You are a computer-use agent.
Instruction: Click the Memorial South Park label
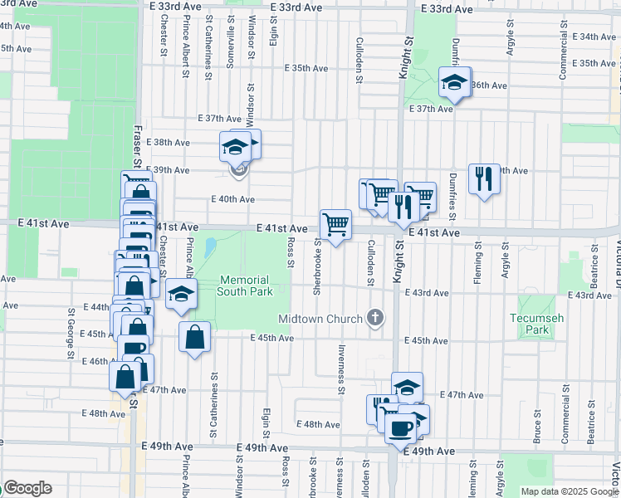click(x=245, y=286)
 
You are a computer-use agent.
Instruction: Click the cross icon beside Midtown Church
click(x=375, y=318)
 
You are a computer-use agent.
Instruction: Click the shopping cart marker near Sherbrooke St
click(x=335, y=224)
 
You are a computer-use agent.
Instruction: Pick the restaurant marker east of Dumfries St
click(x=484, y=178)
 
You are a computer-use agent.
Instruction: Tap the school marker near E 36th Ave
click(x=454, y=82)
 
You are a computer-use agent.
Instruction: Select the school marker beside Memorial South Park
click(x=181, y=295)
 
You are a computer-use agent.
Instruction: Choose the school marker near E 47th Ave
click(x=407, y=387)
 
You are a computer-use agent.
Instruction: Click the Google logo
click(x=27, y=488)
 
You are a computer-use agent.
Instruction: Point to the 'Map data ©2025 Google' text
click(x=569, y=491)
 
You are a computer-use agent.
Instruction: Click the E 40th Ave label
click(x=233, y=199)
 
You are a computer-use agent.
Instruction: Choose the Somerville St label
click(x=230, y=52)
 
